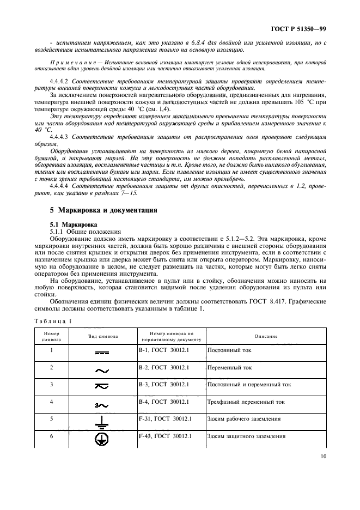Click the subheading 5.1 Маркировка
coord(74,224)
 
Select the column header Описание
coord(266,336)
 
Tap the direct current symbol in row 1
coord(102,353)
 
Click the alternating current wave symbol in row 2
coord(102,370)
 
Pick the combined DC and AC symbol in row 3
coord(102,387)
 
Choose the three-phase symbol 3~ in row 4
coord(101,404)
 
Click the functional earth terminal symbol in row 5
coord(102,421)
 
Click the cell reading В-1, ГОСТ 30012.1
coord(164,350)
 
